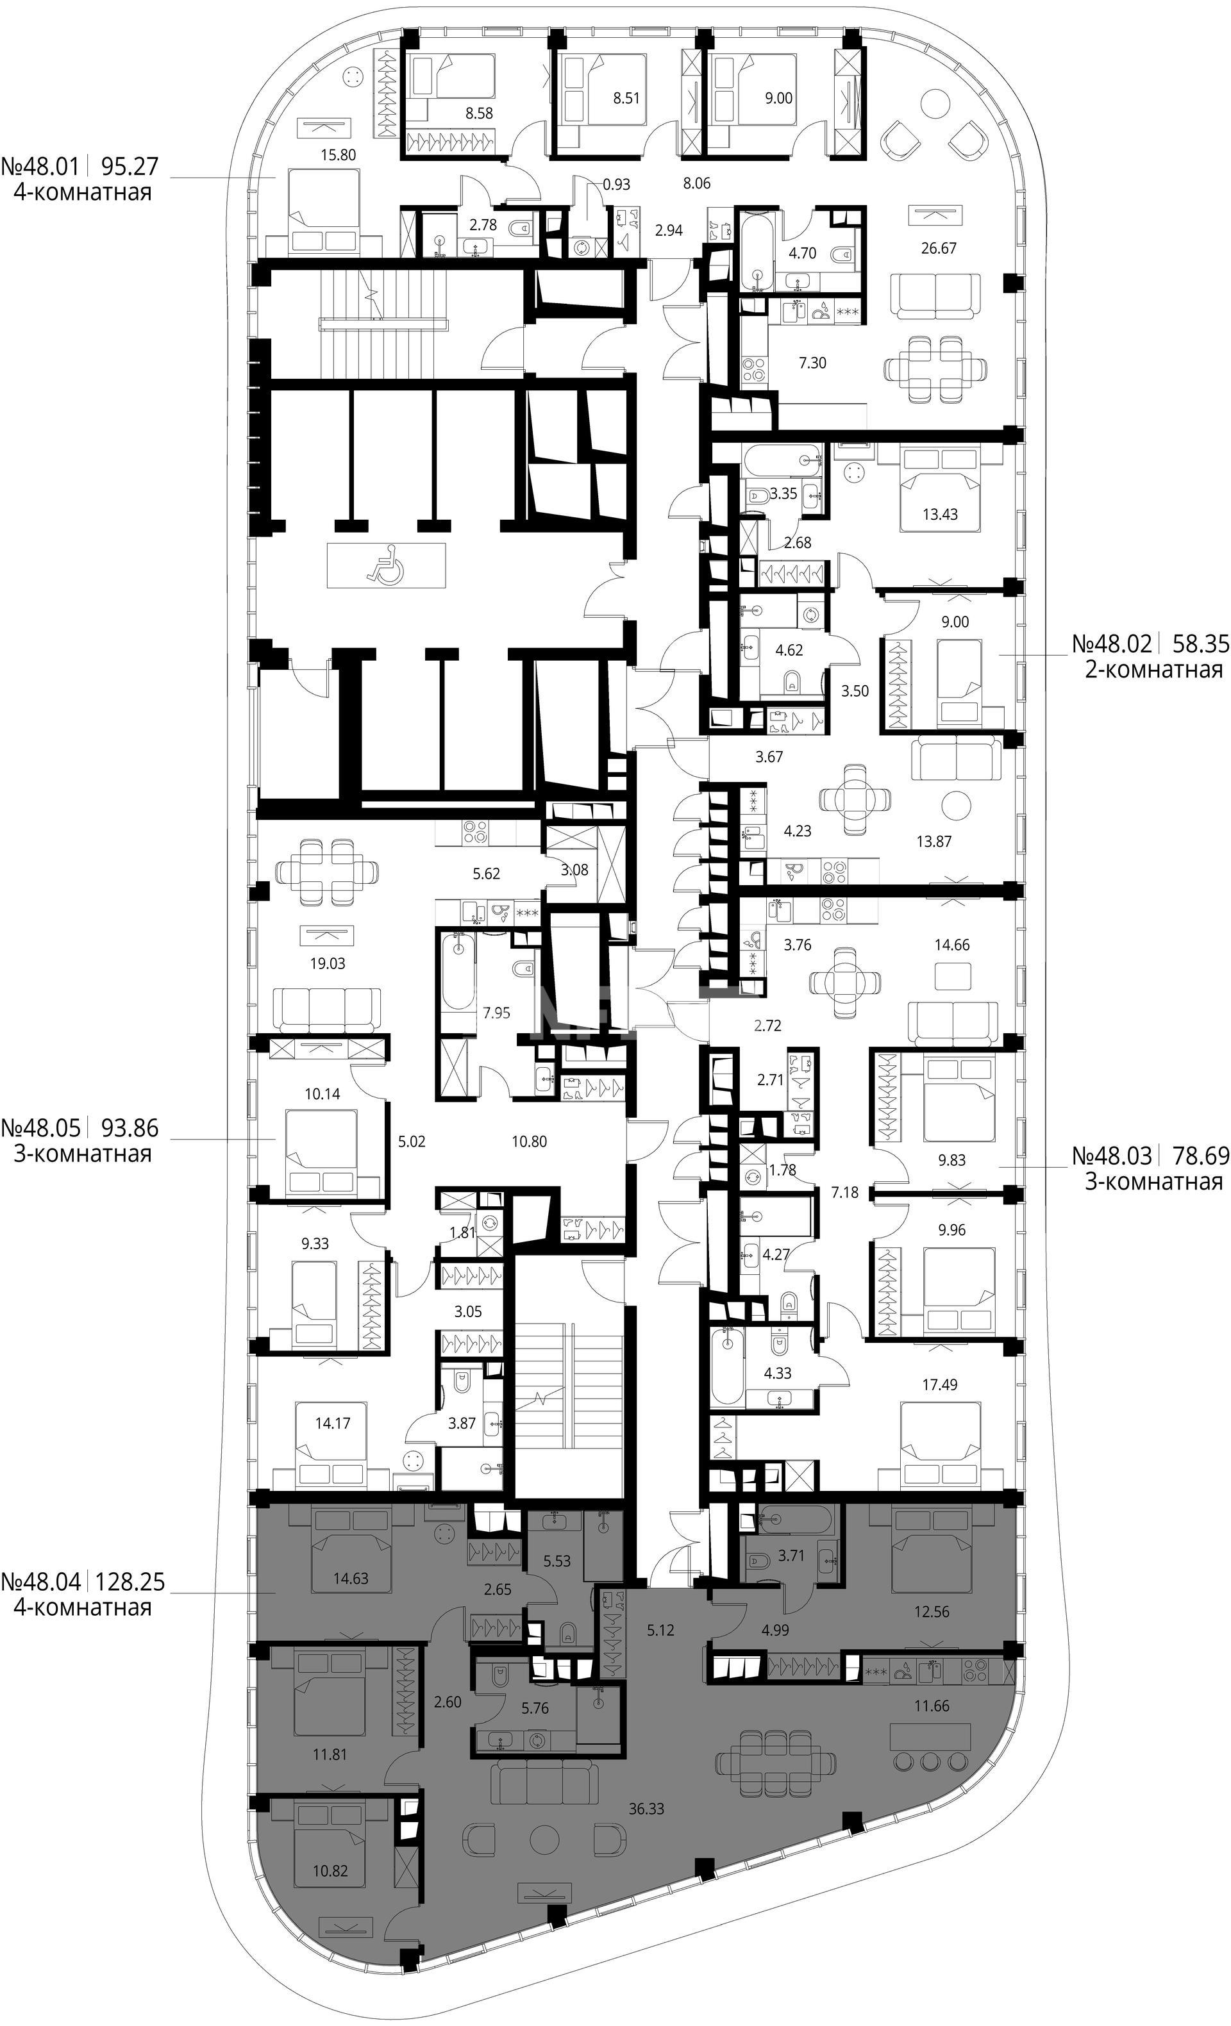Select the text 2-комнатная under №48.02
(1153, 669)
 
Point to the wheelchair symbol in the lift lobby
(387, 565)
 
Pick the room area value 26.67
(938, 247)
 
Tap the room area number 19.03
(327, 963)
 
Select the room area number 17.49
(939, 1384)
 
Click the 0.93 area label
(616, 184)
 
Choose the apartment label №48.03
(1111, 1156)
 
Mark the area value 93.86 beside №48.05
(129, 1127)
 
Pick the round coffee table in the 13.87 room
(957, 805)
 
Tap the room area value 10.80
(529, 1142)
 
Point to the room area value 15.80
(340, 154)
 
